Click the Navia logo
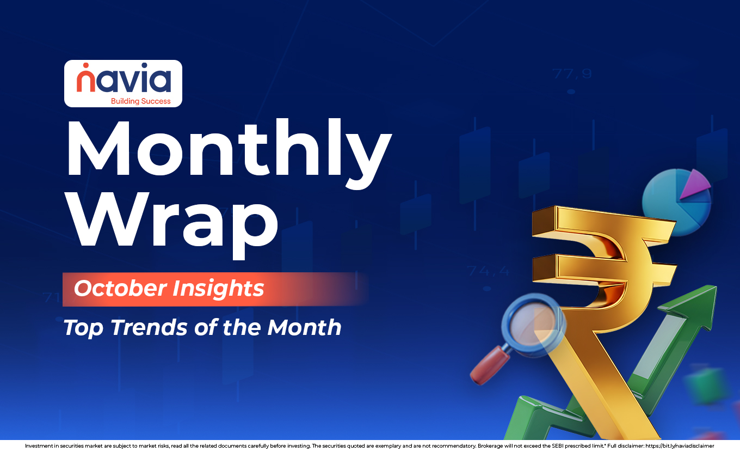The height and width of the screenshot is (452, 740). [124, 83]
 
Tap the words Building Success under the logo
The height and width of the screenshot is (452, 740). [140, 101]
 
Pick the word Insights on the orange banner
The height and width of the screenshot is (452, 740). [218, 288]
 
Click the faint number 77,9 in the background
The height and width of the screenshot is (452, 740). [571, 74]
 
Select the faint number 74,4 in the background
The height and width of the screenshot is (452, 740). [488, 270]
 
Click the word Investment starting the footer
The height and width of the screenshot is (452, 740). [41, 445]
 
